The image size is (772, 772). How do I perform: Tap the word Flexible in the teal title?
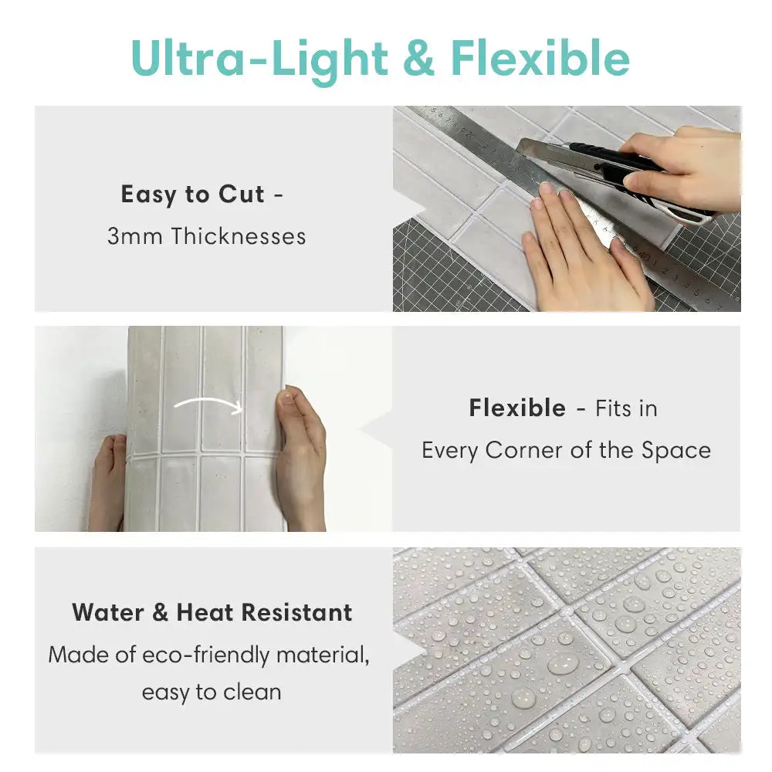[x=540, y=59]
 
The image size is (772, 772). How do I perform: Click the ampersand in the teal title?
[x=418, y=60]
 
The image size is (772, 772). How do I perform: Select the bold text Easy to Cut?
[x=192, y=195]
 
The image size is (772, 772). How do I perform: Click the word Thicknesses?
[x=239, y=236]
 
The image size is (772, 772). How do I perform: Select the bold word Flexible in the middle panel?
[x=517, y=408]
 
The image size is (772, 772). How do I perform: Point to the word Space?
[x=676, y=450]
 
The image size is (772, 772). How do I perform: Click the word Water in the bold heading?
[x=107, y=612]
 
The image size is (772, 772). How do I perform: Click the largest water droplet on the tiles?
[x=563, y=663]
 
